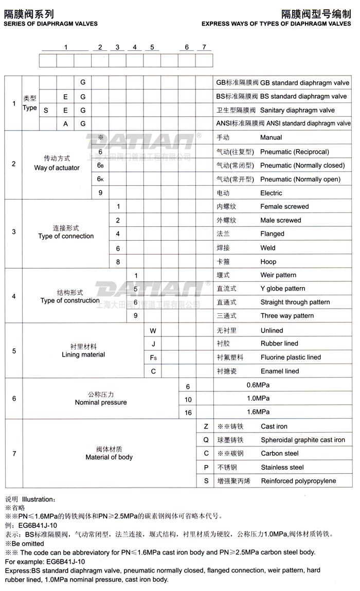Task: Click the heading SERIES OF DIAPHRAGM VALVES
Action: (x=51, y=24)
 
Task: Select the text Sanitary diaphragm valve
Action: (x=297, y=110)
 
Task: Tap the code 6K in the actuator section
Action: (x=100, y=179)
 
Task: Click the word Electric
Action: (x=271, y=193)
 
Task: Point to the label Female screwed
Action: (x=284, y=206)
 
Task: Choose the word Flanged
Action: (x=272, y=234)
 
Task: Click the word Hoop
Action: (x=268, y=261)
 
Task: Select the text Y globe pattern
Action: (x=282, y=289)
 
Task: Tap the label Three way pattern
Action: (x=287, y=316)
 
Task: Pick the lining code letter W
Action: (x=153, y=330)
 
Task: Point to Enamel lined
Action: (x=279, y=371)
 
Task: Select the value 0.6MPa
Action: (x=258, y=385)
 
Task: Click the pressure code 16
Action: (x=188, y=413)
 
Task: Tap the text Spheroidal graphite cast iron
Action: (x=303, y=440)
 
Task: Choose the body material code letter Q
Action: (x=206, y=440)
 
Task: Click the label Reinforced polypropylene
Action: (x=298, y=481)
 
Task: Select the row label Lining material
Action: (x=83, y=354)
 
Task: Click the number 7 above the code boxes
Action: (x=204, y=47)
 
